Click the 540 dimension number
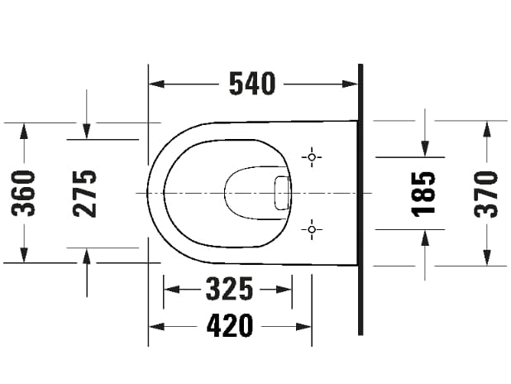pyautogui.click(x=251, y=84)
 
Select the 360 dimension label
pyautogui.click(x=26, y=192)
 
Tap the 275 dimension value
pyautogui.click(x=85, y=192)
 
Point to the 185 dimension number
pyautogui.click(x=424, y=192)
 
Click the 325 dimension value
pyautogui.click(x=228, y=290)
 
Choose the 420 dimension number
pyautogui.click(x=229, y=326)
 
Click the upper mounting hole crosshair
pyautogui.click(x=312, y=156)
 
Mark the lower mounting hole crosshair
pyautogui.click(x=312, y=228)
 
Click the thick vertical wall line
pyautogui.click(x=361, y=199)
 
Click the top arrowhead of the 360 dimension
pyautogui.click(x=26, y=129)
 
